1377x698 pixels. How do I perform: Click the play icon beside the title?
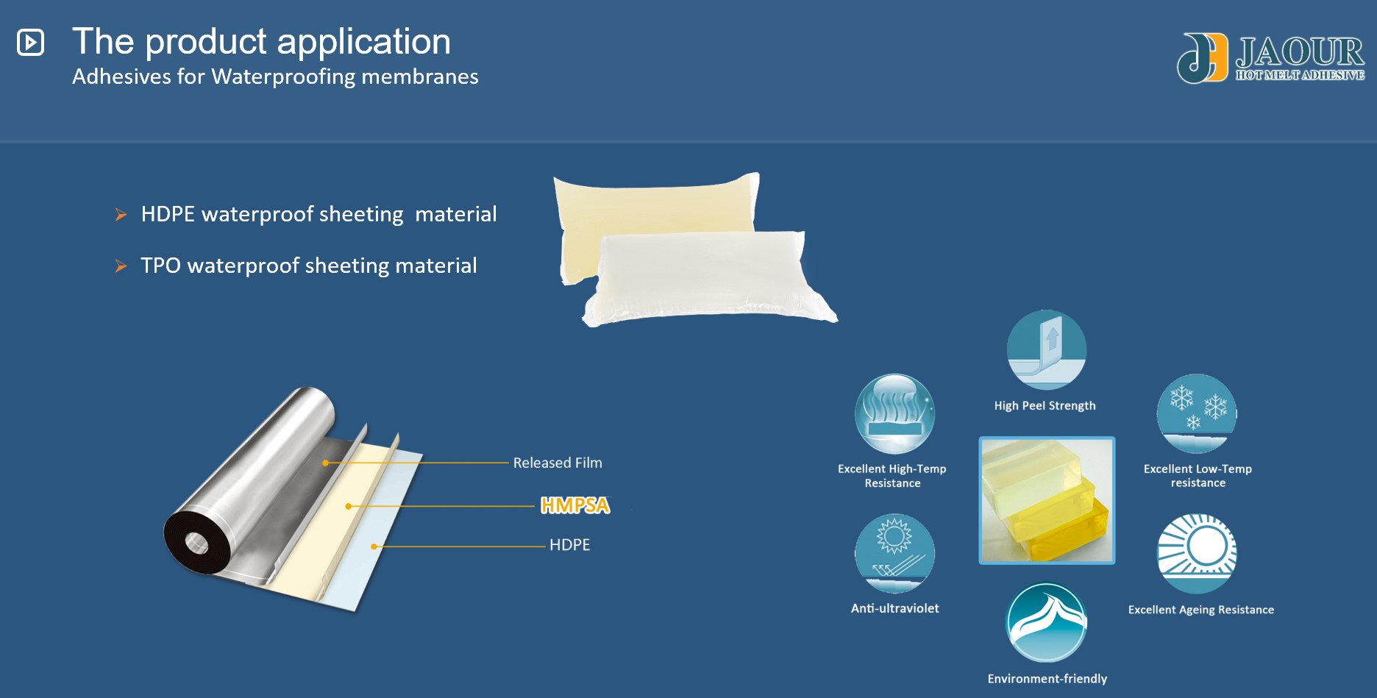click(31, 42)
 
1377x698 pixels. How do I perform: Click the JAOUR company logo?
click(1270, 57)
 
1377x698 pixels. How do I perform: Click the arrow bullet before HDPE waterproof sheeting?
click(121, 215)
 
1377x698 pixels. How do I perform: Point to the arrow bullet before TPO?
click(121, 266)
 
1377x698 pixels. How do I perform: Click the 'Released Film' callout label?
click(557, 463)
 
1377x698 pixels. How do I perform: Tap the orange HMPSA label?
click(574, 505)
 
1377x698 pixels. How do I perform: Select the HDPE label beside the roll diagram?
click(569, 545)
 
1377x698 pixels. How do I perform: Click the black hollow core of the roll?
click(196, 544)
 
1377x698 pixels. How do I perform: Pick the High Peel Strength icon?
click(1046, 349)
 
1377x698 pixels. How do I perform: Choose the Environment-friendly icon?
click(1046, 622)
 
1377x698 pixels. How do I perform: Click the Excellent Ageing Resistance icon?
click(1197, 553)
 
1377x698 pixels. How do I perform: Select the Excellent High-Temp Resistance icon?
click(894, 413)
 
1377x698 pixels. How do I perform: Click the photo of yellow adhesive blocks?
click(1047, 500)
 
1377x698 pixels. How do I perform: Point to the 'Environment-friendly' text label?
click(1047, 679)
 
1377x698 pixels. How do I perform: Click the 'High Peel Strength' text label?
click(1045, 406)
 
